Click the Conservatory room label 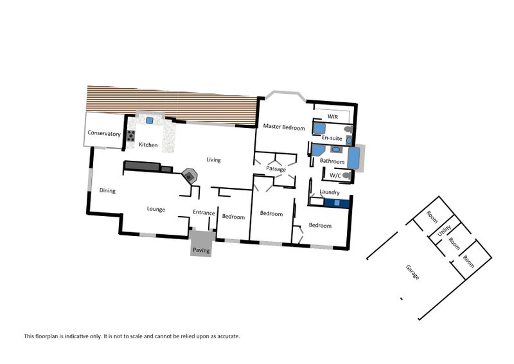click(x=104, y=133)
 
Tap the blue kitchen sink click(x=150, y=120)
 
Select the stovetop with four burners click(x=131, y=136)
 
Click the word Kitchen click(x=148, y=145)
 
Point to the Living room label click(x=213, y=160)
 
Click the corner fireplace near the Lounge click(x=190, y=176)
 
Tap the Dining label click(x=107, y=190)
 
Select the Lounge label click(x=155, y=209)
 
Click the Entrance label click(x=204, y=212)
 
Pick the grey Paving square click(x=201, y=243)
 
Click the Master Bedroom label click(x=284, y=127)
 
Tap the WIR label click(x=332, y=116)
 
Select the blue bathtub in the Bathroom click(x=353, y=158)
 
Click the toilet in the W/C click(x=346, y=176)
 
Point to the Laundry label click(x=330, y=192)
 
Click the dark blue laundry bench click(x=337, y=203)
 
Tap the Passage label click(x=276, y=169)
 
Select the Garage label click(x=412, y=272)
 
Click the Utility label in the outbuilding click(x=445, y=230)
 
